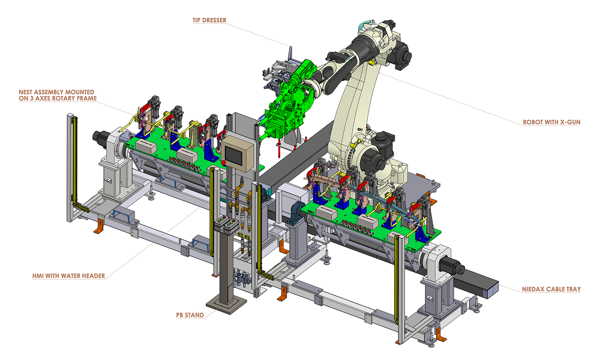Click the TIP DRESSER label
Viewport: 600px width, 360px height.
(x=210, y=20)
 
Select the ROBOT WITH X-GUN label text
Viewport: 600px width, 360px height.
(x=551, y=122)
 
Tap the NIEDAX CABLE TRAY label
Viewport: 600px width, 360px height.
(x=551, y=289)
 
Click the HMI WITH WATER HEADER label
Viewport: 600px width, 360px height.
(x=68, y=276)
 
